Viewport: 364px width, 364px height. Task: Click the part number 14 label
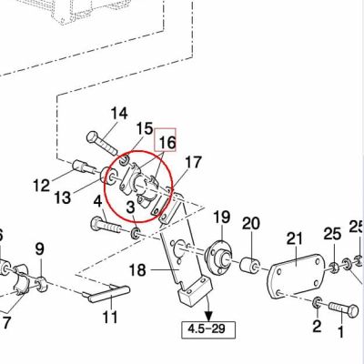(119, 114)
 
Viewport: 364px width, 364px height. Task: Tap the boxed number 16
(166, 140)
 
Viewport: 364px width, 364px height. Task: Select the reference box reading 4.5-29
(208, 329)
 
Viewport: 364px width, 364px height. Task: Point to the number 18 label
(137, 269)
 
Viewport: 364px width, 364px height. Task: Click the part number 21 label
(295, 238)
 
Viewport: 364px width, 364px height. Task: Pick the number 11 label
(110, 318)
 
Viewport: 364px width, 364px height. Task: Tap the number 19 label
(222, 217)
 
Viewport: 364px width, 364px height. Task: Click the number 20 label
(251, 223)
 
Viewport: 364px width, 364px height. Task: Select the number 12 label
(42, 185)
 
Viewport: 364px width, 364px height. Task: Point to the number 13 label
(63, 197)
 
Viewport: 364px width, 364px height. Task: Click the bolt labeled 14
(102, 142)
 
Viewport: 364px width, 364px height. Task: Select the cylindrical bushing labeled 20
(250, 265)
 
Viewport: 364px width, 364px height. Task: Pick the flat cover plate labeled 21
(297, 275)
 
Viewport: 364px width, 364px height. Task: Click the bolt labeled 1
(343, 309)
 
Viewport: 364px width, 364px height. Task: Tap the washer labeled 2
(317, 302)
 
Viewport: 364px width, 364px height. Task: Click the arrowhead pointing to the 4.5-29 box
(208, 316)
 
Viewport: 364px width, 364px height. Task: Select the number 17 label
(193, 162)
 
